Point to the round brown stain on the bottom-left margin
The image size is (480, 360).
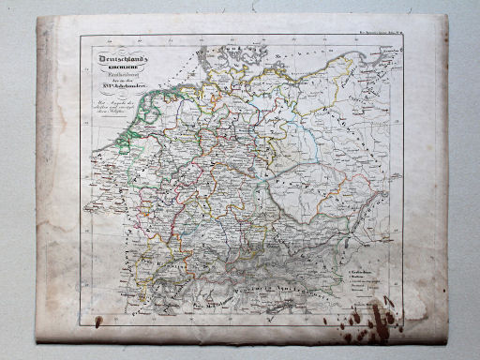[x=97, y=322]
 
